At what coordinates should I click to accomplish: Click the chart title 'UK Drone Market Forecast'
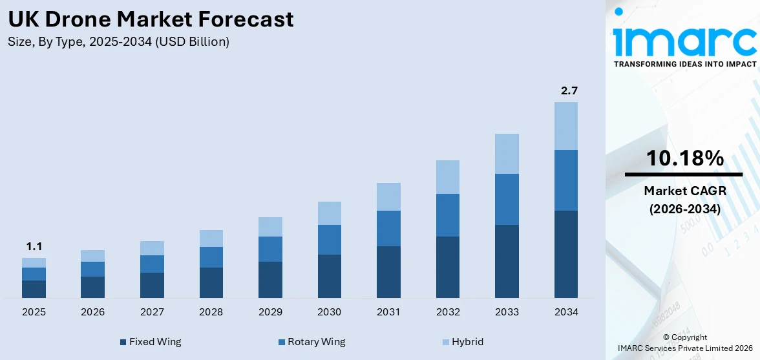coord(151,19)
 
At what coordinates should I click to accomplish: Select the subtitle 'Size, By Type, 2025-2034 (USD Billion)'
coord(119,42)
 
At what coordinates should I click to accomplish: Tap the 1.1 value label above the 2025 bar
coord(34,246)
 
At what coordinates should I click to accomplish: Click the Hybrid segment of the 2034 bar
coord(565,126)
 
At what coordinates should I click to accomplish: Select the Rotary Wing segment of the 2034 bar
coord(565,180)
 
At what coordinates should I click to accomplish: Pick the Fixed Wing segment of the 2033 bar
coord(507,261)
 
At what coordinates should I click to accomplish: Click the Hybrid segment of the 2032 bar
coord(447,177)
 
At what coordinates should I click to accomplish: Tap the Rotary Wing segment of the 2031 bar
coord(388,228)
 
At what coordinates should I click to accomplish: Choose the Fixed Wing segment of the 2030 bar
coord(329,276)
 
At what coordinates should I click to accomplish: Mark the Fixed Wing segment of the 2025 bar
coord(34,289)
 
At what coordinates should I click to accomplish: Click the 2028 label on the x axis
coord(211,312)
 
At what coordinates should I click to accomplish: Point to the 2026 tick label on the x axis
coord(92,312)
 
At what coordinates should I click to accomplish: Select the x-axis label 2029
coord(270,312)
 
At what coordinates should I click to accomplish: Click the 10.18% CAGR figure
coord(685,158)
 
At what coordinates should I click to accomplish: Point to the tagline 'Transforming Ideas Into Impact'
coord(684,64)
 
